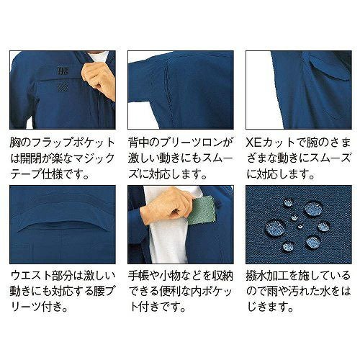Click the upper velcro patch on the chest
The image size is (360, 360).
[x=63, y=71]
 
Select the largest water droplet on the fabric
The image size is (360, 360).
[x=275, y=228]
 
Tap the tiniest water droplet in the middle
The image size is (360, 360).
[x=300, y=226]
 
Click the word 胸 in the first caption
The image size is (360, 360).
[x=15, y=143]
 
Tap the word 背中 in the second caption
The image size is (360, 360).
[x=138, y=143]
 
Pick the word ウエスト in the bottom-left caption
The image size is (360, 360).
[x=31, y=276]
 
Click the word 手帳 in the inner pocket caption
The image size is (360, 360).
[x=138, y=276]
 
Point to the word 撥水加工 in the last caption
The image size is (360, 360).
[x=267, y=276]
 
